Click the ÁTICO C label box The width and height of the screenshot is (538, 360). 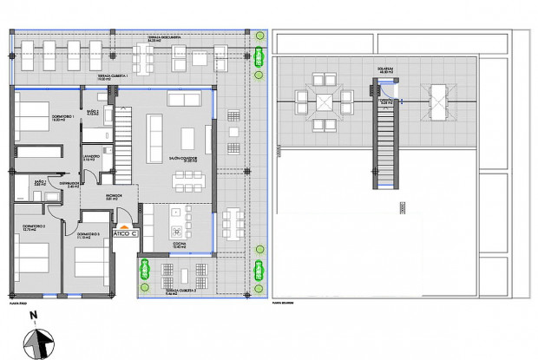tap(127, 234)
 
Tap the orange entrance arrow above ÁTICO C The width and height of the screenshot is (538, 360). tap(127, 225)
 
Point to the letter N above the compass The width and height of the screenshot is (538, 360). tap(32, 316)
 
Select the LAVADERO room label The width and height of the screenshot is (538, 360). tap(90, 159)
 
